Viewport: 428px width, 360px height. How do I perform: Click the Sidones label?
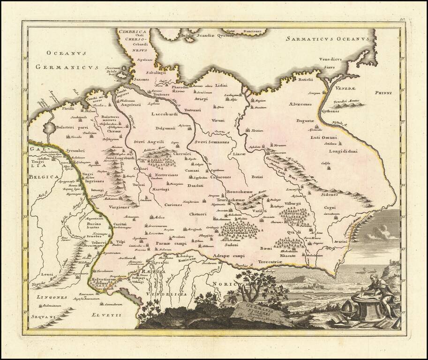[x=327, y=194]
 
